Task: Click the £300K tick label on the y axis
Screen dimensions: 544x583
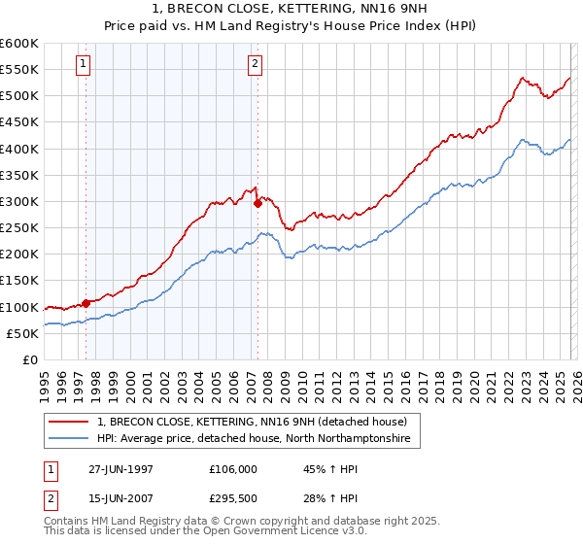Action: point(19,201)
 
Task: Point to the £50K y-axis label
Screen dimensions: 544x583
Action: point(22,333)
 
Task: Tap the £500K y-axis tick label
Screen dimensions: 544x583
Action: point(19,96)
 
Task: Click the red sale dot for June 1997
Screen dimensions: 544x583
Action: point(86,303)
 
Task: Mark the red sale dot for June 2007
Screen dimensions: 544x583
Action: point(257,204)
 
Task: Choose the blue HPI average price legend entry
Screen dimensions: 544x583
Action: point(254,439)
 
